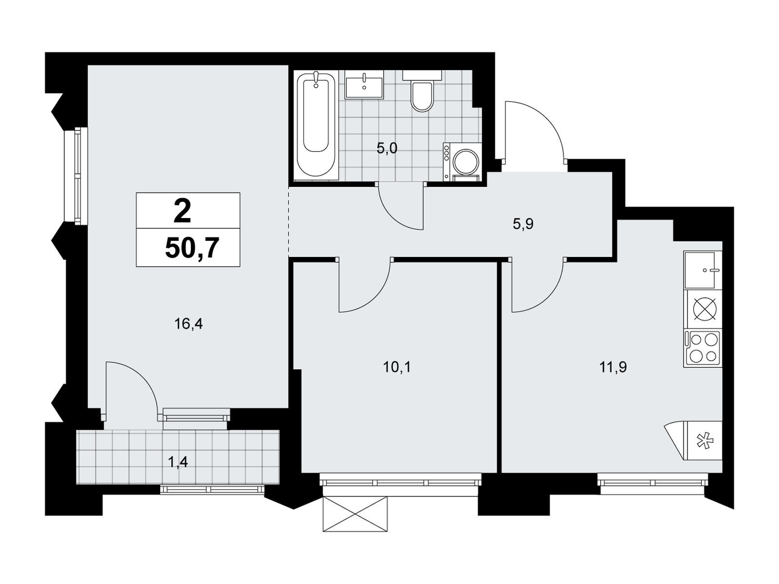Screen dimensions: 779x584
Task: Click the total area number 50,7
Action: (191, 249)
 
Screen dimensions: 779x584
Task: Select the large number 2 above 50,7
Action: (183, 211)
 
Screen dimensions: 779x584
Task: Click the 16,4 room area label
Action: (188, 324)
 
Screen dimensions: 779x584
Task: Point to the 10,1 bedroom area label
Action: (397, 367)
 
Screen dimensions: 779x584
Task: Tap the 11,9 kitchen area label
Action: (613, 367)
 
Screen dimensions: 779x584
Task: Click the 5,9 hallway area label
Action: (523, 224)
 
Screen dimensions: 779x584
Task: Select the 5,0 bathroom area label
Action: (387, 148)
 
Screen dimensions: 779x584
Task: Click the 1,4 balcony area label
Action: (178, 462)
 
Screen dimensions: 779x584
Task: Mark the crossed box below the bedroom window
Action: (354, 513)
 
